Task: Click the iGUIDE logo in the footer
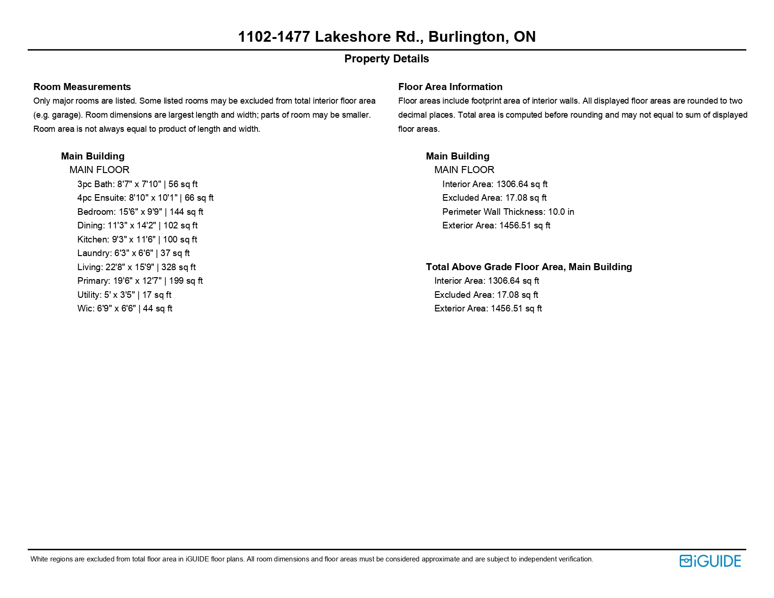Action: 710,561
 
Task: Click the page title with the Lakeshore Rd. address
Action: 387,37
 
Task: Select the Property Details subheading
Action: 387,59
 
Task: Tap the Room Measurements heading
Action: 82,87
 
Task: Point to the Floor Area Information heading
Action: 450,87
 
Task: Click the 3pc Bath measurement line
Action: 137,184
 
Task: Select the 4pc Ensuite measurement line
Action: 145,198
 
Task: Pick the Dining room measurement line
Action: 137,226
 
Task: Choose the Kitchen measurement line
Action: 137,240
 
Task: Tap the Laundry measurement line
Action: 133,253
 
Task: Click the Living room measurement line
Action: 137,267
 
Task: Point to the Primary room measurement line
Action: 140,281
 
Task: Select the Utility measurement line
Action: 124,295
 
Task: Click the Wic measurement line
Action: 125,309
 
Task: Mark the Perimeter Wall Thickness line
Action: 508,212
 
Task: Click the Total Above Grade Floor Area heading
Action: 529,267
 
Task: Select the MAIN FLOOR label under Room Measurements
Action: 99,170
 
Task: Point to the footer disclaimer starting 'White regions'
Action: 311,559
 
